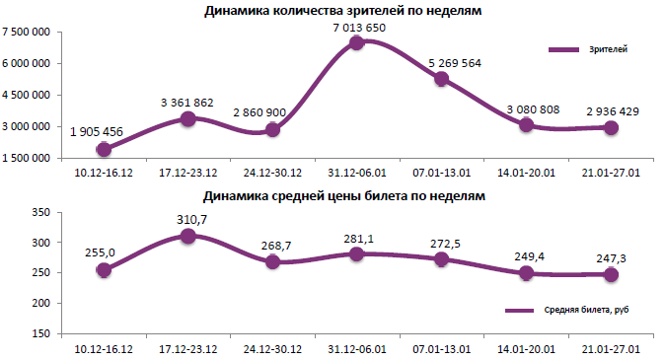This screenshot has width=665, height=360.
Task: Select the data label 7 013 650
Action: [358, 27]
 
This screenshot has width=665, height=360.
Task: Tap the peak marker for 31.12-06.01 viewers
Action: [357, 43]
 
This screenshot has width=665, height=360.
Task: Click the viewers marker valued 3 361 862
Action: [187, 118]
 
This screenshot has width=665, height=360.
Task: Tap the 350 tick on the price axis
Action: [41, 212]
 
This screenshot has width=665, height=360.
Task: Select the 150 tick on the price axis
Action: [41, 333]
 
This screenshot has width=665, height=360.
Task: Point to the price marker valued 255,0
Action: [103, 269]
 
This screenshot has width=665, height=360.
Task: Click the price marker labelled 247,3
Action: [612, 274]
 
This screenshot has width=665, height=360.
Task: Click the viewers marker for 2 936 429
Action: [612, 128]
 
